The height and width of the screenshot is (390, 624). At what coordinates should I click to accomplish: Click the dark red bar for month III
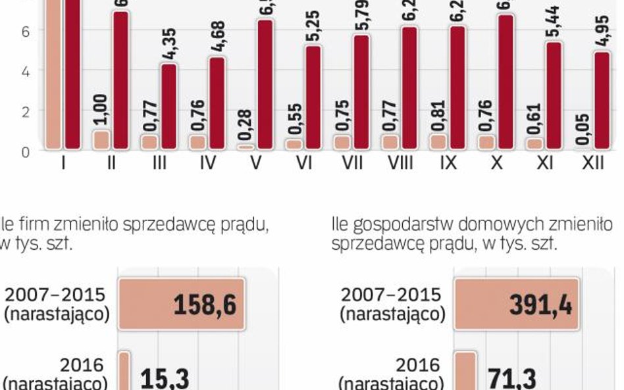click(x=169, y=107)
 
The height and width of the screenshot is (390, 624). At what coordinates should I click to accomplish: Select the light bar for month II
click(x=101, y=139)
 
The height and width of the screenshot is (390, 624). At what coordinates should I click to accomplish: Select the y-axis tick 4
click(x=26, y=71)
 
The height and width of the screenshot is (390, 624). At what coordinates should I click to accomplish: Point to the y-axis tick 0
click(x=26, y=151)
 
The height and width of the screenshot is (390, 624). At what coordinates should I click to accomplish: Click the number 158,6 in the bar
click(x=205, y=305)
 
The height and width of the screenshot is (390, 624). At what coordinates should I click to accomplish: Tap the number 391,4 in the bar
click(x=540, y=305)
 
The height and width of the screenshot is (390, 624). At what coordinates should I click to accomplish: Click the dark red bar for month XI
click(x=554, y=95)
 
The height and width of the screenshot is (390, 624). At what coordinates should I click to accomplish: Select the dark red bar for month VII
click(x=361, y=92)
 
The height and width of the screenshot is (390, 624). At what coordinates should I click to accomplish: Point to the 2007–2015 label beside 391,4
click(x=391, y=294)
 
